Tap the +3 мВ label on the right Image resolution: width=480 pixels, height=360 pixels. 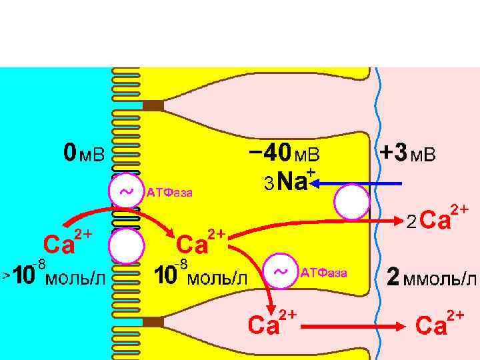click(407, 155)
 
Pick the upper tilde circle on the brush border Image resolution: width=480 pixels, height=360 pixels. click(125, 191)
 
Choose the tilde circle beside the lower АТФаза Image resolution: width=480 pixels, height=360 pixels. click(283, 272)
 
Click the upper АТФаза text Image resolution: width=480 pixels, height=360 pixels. click(170, 193)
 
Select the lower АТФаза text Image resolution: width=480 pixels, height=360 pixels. click(324, 273)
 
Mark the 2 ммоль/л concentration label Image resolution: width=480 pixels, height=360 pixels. click(433, 277)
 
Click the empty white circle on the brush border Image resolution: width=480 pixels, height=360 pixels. click(125, 246)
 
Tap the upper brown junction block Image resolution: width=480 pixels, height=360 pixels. click(153, 105)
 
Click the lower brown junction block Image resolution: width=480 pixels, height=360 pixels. click(153, 323)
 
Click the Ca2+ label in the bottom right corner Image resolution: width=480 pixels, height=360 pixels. click(440, 323)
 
